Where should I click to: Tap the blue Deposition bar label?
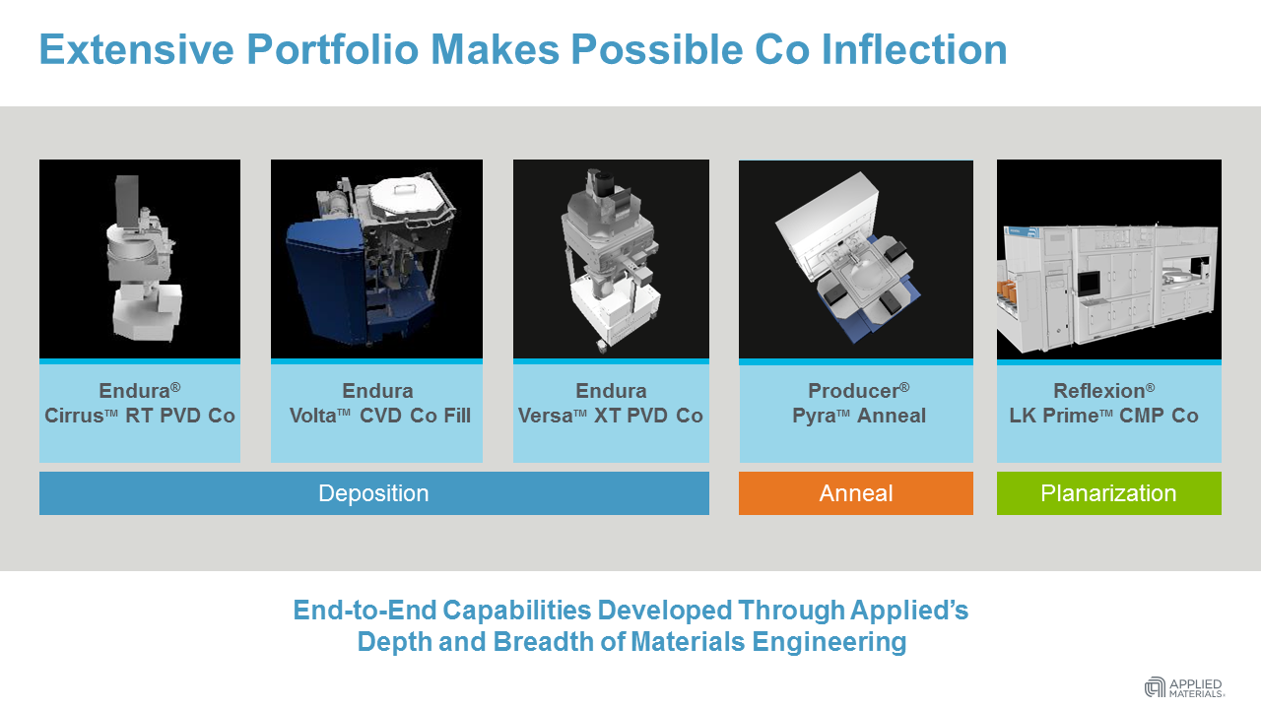point(373,493)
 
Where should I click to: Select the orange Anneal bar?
point(855,493)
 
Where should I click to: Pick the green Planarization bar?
point(1108,493)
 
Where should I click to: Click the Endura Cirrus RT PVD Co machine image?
point(140,259)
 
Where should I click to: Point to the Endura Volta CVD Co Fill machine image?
point(376,259)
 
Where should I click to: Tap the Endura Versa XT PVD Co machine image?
point(611,259)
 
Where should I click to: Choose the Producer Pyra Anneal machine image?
point(855,259)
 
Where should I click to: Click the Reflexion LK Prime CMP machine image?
point(1108,259)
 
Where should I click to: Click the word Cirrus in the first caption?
point(74,417)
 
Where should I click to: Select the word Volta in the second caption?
point(313,417)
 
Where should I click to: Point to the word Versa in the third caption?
point(545,417)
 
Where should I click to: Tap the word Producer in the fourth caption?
point(853,391)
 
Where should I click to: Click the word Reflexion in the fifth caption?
point(1098,391)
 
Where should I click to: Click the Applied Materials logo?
point(1185,686)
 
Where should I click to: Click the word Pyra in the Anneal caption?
point(814,417)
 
